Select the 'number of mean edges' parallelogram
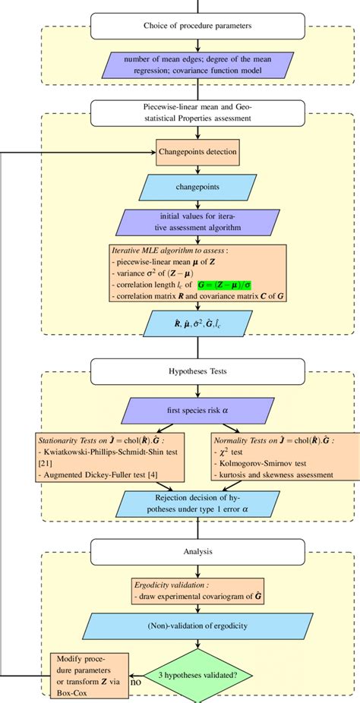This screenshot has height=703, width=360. click(198, 68)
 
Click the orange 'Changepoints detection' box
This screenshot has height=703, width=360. click(197, 152)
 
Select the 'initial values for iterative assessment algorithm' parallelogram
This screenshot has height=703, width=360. click(197, 222)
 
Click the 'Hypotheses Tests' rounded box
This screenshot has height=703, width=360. click(198, 373)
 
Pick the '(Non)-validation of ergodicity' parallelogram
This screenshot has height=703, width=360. click(197, 626)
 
